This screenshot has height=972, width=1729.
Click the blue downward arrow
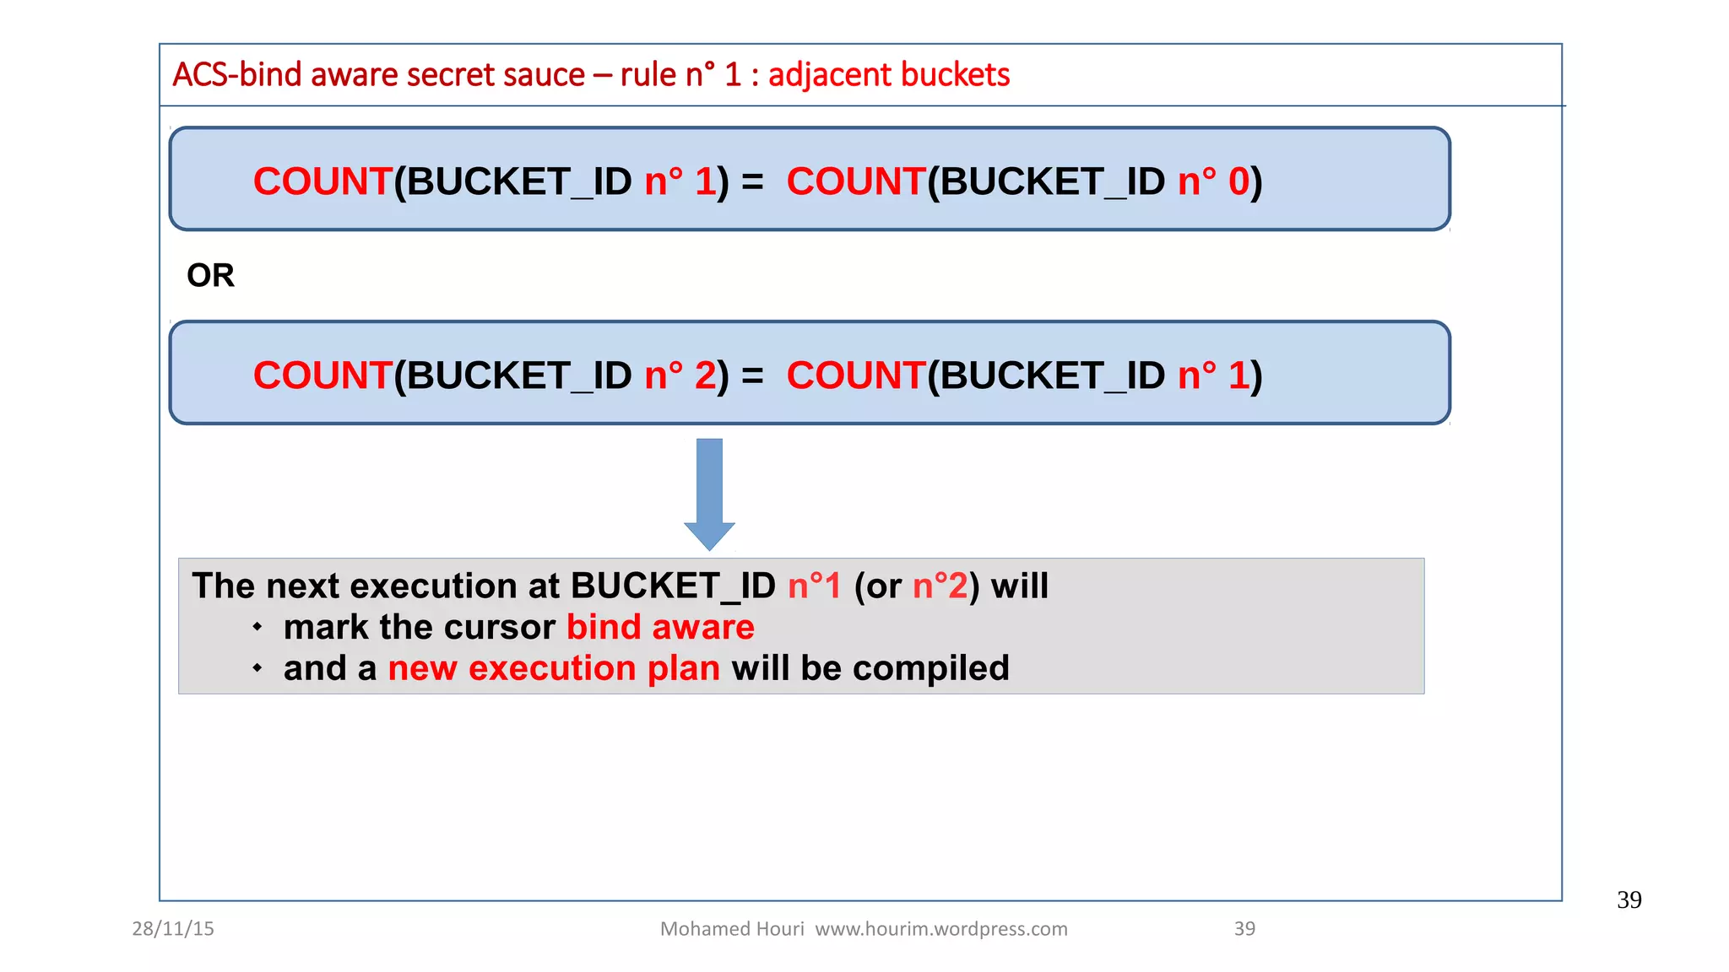(709, 493)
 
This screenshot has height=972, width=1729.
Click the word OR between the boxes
(210, 275)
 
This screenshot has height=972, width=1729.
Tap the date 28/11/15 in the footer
(173, 928)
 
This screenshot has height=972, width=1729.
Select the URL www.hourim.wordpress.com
(941, 928)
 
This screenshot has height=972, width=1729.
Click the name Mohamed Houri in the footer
(732, 928)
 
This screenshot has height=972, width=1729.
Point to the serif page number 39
(1629, 899)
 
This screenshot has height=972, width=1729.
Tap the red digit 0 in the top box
(1238, 181)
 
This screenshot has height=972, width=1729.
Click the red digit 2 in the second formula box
(705, 375)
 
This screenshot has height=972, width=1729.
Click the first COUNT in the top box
(322, 181)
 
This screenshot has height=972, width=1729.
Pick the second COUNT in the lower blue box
(855, 375)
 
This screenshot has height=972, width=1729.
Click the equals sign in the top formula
(752, 181)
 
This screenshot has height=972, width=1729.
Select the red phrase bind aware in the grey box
(660, 627)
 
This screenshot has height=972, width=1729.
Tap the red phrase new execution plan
(554, 668)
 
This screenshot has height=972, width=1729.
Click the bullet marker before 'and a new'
(257, 668)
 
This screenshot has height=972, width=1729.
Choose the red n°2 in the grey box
(940, 586)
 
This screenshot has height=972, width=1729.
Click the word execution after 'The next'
(433, 586)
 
